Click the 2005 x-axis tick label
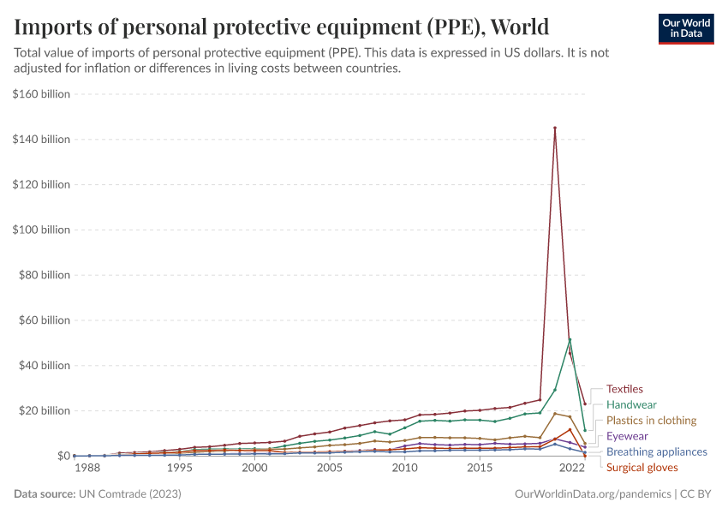tap(330, 469)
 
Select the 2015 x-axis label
tap(480, 469)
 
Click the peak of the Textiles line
tap(555, 128)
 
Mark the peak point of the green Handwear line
tap(570, 339)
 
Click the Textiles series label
tap(624, 389)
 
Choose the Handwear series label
tap(632, 404)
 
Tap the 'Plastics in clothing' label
tap(651, 421)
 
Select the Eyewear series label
tap(627, 436)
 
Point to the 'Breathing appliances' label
tap(656, 451)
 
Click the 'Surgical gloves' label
tap(641, 468)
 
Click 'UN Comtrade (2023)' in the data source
tap(130, 494)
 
